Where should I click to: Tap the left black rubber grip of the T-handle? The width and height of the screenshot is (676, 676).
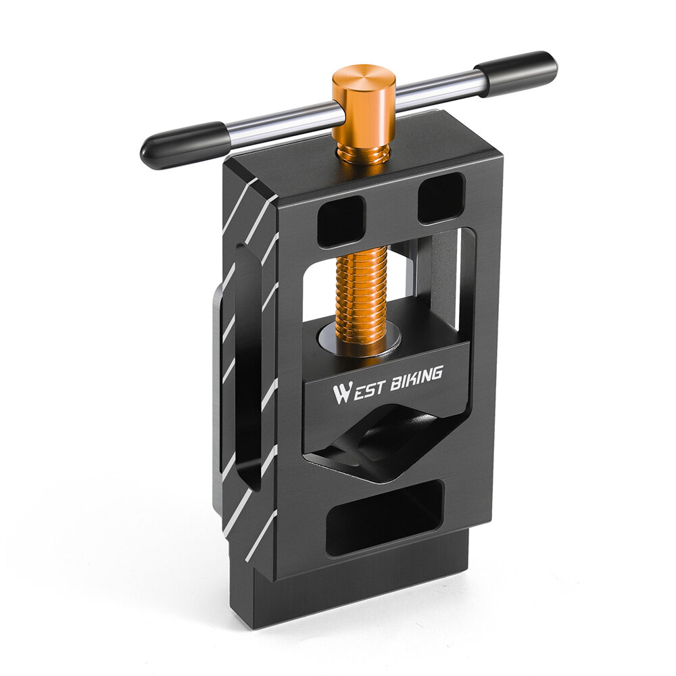[x=183, y=145]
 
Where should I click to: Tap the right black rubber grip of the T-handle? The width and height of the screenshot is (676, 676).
[x=516, y=72]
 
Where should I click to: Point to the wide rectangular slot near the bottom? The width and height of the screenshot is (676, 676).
[x=385, y=516]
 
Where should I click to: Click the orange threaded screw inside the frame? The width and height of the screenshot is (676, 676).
[x=360, y=301]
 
